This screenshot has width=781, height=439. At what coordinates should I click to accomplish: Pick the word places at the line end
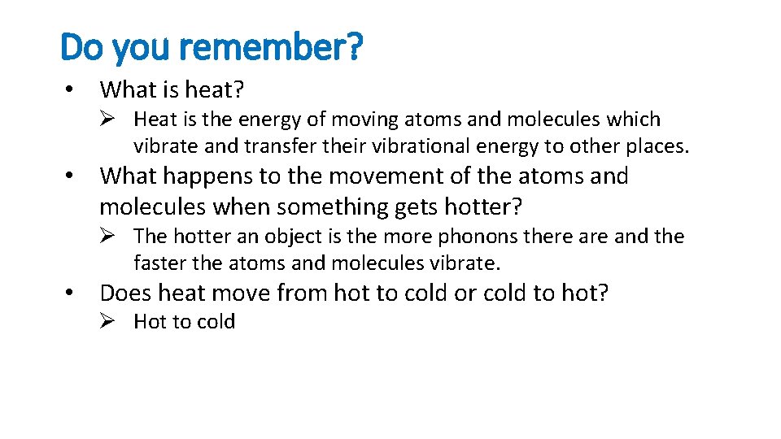[x=657, y=147]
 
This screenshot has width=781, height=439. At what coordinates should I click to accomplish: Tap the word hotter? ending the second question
[x=482, y=206]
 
